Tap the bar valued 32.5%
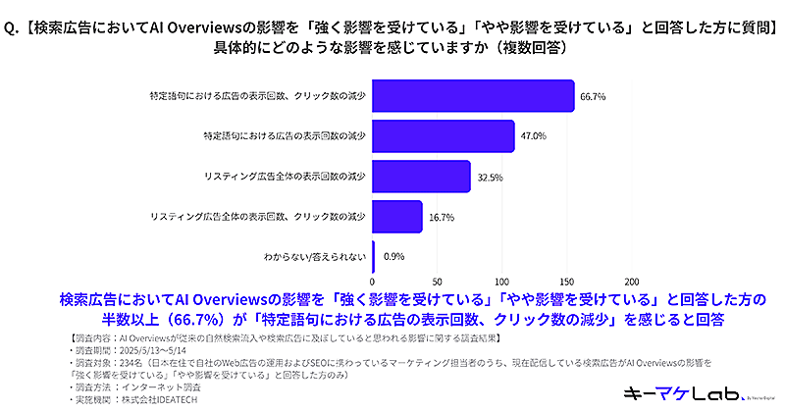pyautogui.click(x=421, y=177)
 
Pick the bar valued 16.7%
pyautogui.click(x=396, y=217)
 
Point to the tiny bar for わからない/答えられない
pyautogui.click(x=374, y=257)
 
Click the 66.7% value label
pyautogui.click(x=593, y=96)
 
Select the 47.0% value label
pyautogui.click(x=533, y=136)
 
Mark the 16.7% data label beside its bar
pyautogui.click(x=442, y=217)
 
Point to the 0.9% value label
pyautogui.click(x=394, y=257)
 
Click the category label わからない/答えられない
pyautogui.click(x=315, y=257)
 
